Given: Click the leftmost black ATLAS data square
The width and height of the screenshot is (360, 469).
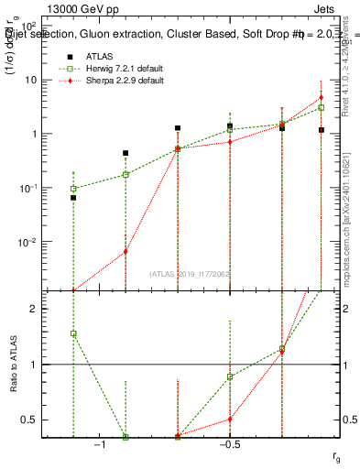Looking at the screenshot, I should (73, 197).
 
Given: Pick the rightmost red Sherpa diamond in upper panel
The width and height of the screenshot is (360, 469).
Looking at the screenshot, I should (321, 98).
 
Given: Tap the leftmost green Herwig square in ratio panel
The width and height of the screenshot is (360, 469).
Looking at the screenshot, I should (73, 333).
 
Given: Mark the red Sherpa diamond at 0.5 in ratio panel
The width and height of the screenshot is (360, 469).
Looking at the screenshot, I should (230, 420).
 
